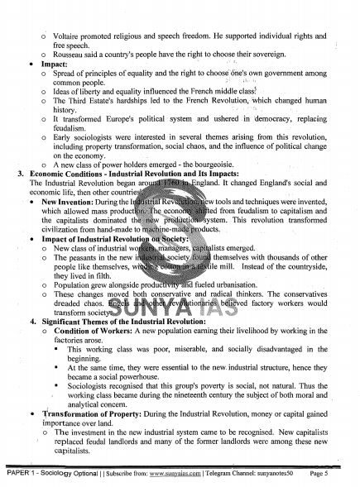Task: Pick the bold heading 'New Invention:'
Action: tap(66, 202)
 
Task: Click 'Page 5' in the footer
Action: tap(335, 476)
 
